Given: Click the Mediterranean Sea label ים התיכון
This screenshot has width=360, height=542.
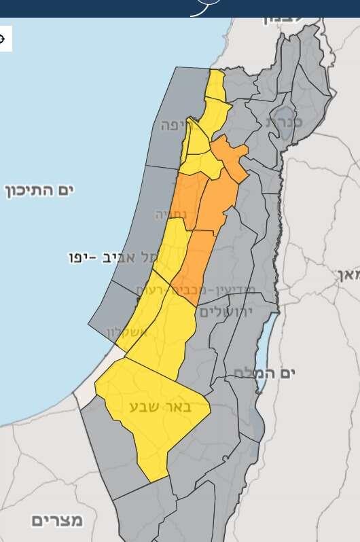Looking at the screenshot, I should (x=39, y=189).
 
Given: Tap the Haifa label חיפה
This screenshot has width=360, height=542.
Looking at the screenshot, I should (x=177, y=125).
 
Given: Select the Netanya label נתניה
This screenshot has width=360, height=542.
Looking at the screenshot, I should (x=169, y=215).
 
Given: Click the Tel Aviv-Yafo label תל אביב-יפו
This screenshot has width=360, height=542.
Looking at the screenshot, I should (x=113, y=258).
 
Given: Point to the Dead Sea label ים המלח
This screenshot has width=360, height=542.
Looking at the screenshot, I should (x=270, y=372).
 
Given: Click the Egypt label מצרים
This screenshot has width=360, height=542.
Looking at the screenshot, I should (x=57, y=520).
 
